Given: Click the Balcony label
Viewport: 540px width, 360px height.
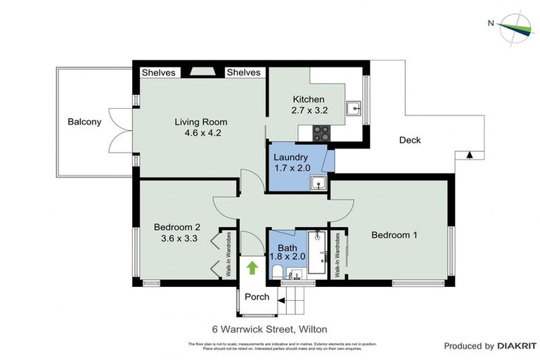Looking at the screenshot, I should point(84,122).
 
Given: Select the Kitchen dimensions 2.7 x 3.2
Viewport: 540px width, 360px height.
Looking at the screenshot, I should point(309,110).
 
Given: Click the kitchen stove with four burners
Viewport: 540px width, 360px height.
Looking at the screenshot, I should point(321,131).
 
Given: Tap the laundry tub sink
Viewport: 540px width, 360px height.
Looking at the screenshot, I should point(319,184).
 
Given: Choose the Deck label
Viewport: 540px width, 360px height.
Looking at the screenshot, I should point(410,140).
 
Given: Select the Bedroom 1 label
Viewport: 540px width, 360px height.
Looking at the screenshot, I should point(394,235).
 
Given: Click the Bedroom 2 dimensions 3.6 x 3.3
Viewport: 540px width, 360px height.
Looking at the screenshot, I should point(177,238).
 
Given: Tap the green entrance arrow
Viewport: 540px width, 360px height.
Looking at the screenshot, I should point(252,267).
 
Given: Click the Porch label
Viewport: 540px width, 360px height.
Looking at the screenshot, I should point(257,297).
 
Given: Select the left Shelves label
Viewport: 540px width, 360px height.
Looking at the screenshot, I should point(158,72).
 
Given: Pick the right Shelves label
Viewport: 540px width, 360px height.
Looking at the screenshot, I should point(243,72).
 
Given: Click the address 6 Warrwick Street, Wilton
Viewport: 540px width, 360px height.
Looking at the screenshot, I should point(270,328).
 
